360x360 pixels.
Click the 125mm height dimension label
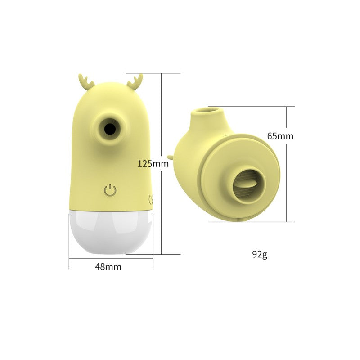pos(153,164)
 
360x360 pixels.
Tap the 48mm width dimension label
pos(108,266)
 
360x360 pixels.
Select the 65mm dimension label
pos(280,136)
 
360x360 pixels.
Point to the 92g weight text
pos(260,254)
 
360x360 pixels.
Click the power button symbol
pos(110,190)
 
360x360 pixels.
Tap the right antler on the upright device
pos(135,81)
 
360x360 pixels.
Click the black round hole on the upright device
pos(109,129)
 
